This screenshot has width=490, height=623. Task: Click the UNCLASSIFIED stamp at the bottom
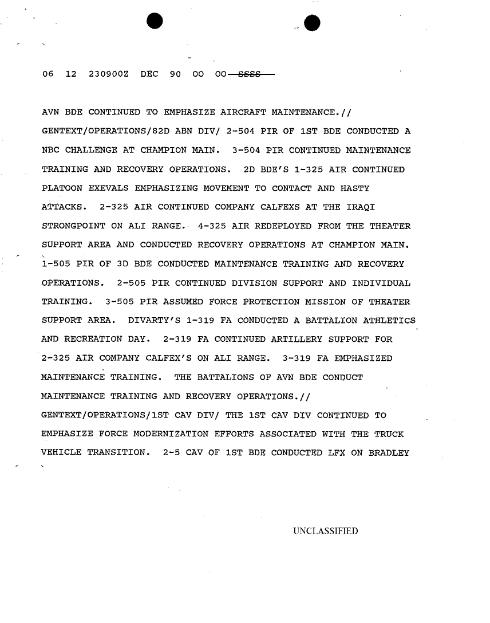(x=325, y=531)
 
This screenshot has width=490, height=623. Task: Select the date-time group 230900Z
(x=108, y=75)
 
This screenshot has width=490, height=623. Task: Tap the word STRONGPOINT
(x=74, y=226)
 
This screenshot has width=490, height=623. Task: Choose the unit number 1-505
(x=57, y=264)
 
